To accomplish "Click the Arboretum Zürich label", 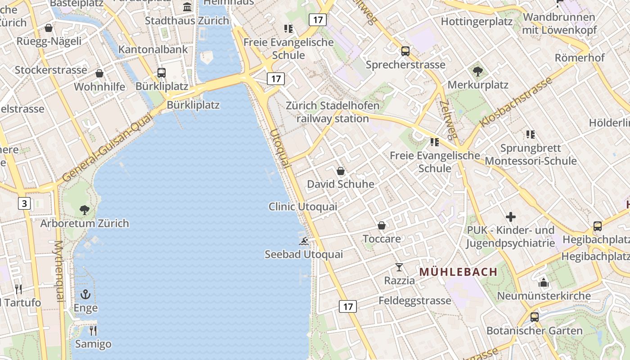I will [85, 223].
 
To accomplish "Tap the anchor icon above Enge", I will [85, 295].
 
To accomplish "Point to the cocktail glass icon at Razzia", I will [399, 267].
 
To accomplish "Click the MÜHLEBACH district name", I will [459, 272].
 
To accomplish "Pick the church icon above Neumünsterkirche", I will [544, 283].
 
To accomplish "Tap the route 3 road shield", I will [24, 203].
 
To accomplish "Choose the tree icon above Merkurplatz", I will [478, 72].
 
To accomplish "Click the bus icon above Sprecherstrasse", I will [405, 51].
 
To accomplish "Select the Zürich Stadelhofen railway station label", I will [333, 112].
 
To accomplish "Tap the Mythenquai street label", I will [59, 271].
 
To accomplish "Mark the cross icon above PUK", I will [511, 217].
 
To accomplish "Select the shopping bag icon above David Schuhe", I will [341, 171].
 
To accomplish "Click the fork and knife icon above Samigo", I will [93, 331].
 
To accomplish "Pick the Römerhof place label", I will [580, 58].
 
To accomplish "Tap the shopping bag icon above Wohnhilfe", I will [99, 73].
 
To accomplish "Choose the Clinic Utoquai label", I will [303, 207].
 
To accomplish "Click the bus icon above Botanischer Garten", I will [535, 317].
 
